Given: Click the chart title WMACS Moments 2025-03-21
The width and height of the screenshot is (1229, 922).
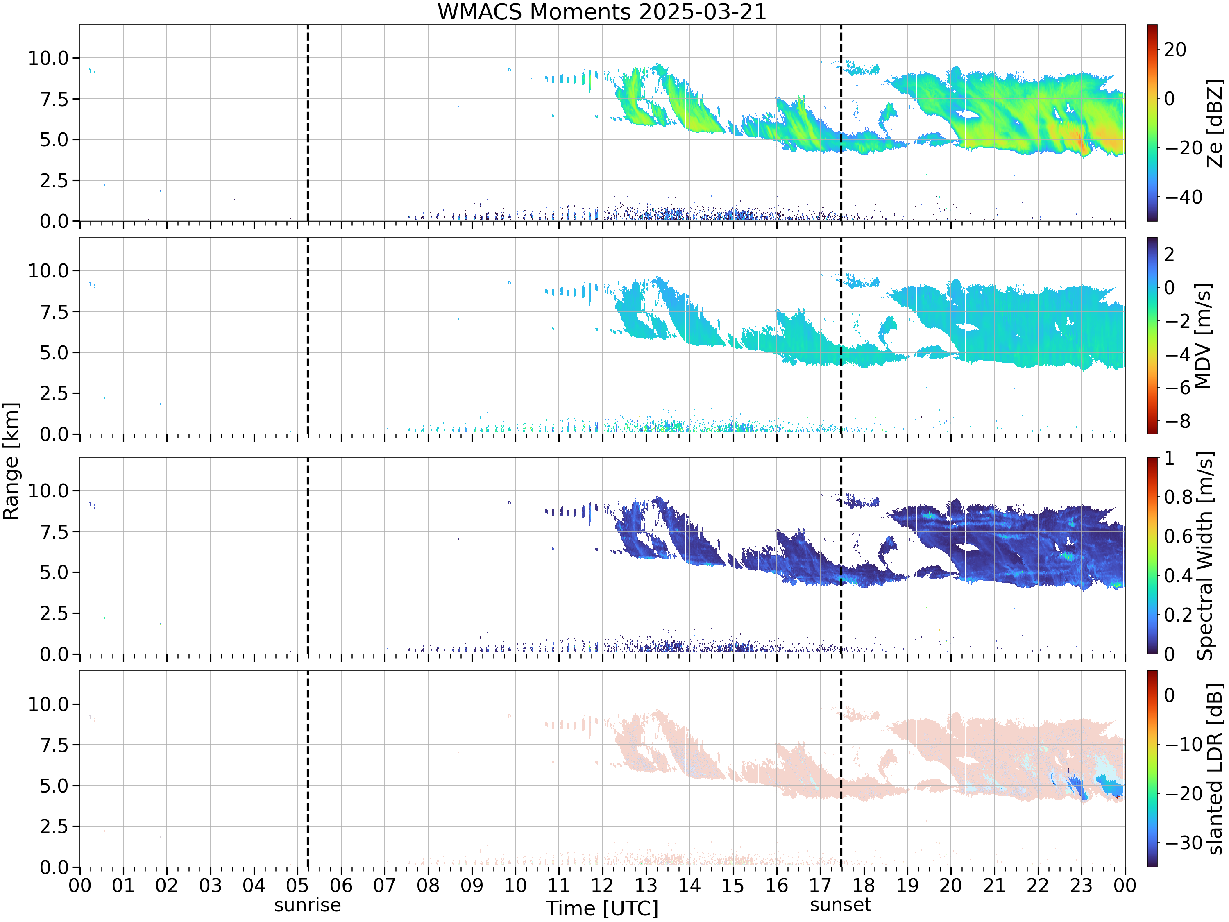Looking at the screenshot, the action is [x=602, y=11].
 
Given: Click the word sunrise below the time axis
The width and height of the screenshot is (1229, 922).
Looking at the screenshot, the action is [x=307, y=905].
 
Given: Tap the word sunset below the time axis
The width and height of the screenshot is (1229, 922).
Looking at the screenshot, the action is [x=841, y=905].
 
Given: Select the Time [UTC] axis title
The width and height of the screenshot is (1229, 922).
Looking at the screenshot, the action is [x=602, y=908].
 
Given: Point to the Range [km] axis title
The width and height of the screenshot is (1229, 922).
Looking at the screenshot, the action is [x=11, y=461].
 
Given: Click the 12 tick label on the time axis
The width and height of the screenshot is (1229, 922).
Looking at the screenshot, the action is [x=602, y=885].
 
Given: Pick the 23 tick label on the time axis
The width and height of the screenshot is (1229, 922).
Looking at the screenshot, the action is [x=1081, y=885].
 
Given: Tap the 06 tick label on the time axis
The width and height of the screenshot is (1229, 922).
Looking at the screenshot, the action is [x=341, y=885].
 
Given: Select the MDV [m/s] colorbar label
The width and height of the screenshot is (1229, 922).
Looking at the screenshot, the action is [x=1203, y=336].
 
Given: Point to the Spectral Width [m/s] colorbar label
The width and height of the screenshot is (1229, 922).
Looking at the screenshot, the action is [x=1204, y=556].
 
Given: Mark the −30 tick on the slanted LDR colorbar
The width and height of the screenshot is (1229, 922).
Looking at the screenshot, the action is [x=1184, y=843].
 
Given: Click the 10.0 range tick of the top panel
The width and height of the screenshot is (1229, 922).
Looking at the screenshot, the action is [x=48, y=58].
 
